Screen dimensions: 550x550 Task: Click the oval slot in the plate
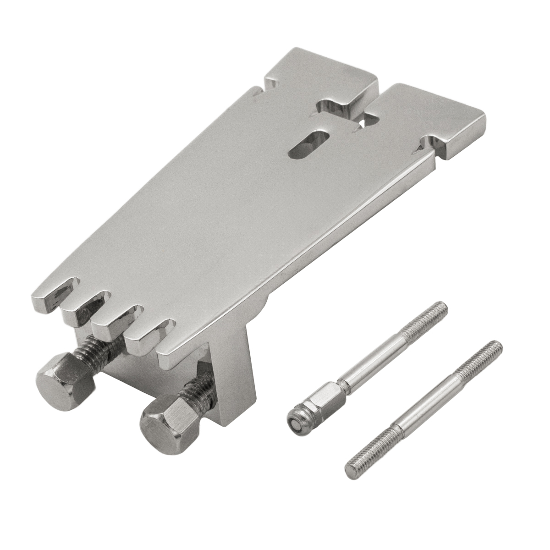[308, 146]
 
